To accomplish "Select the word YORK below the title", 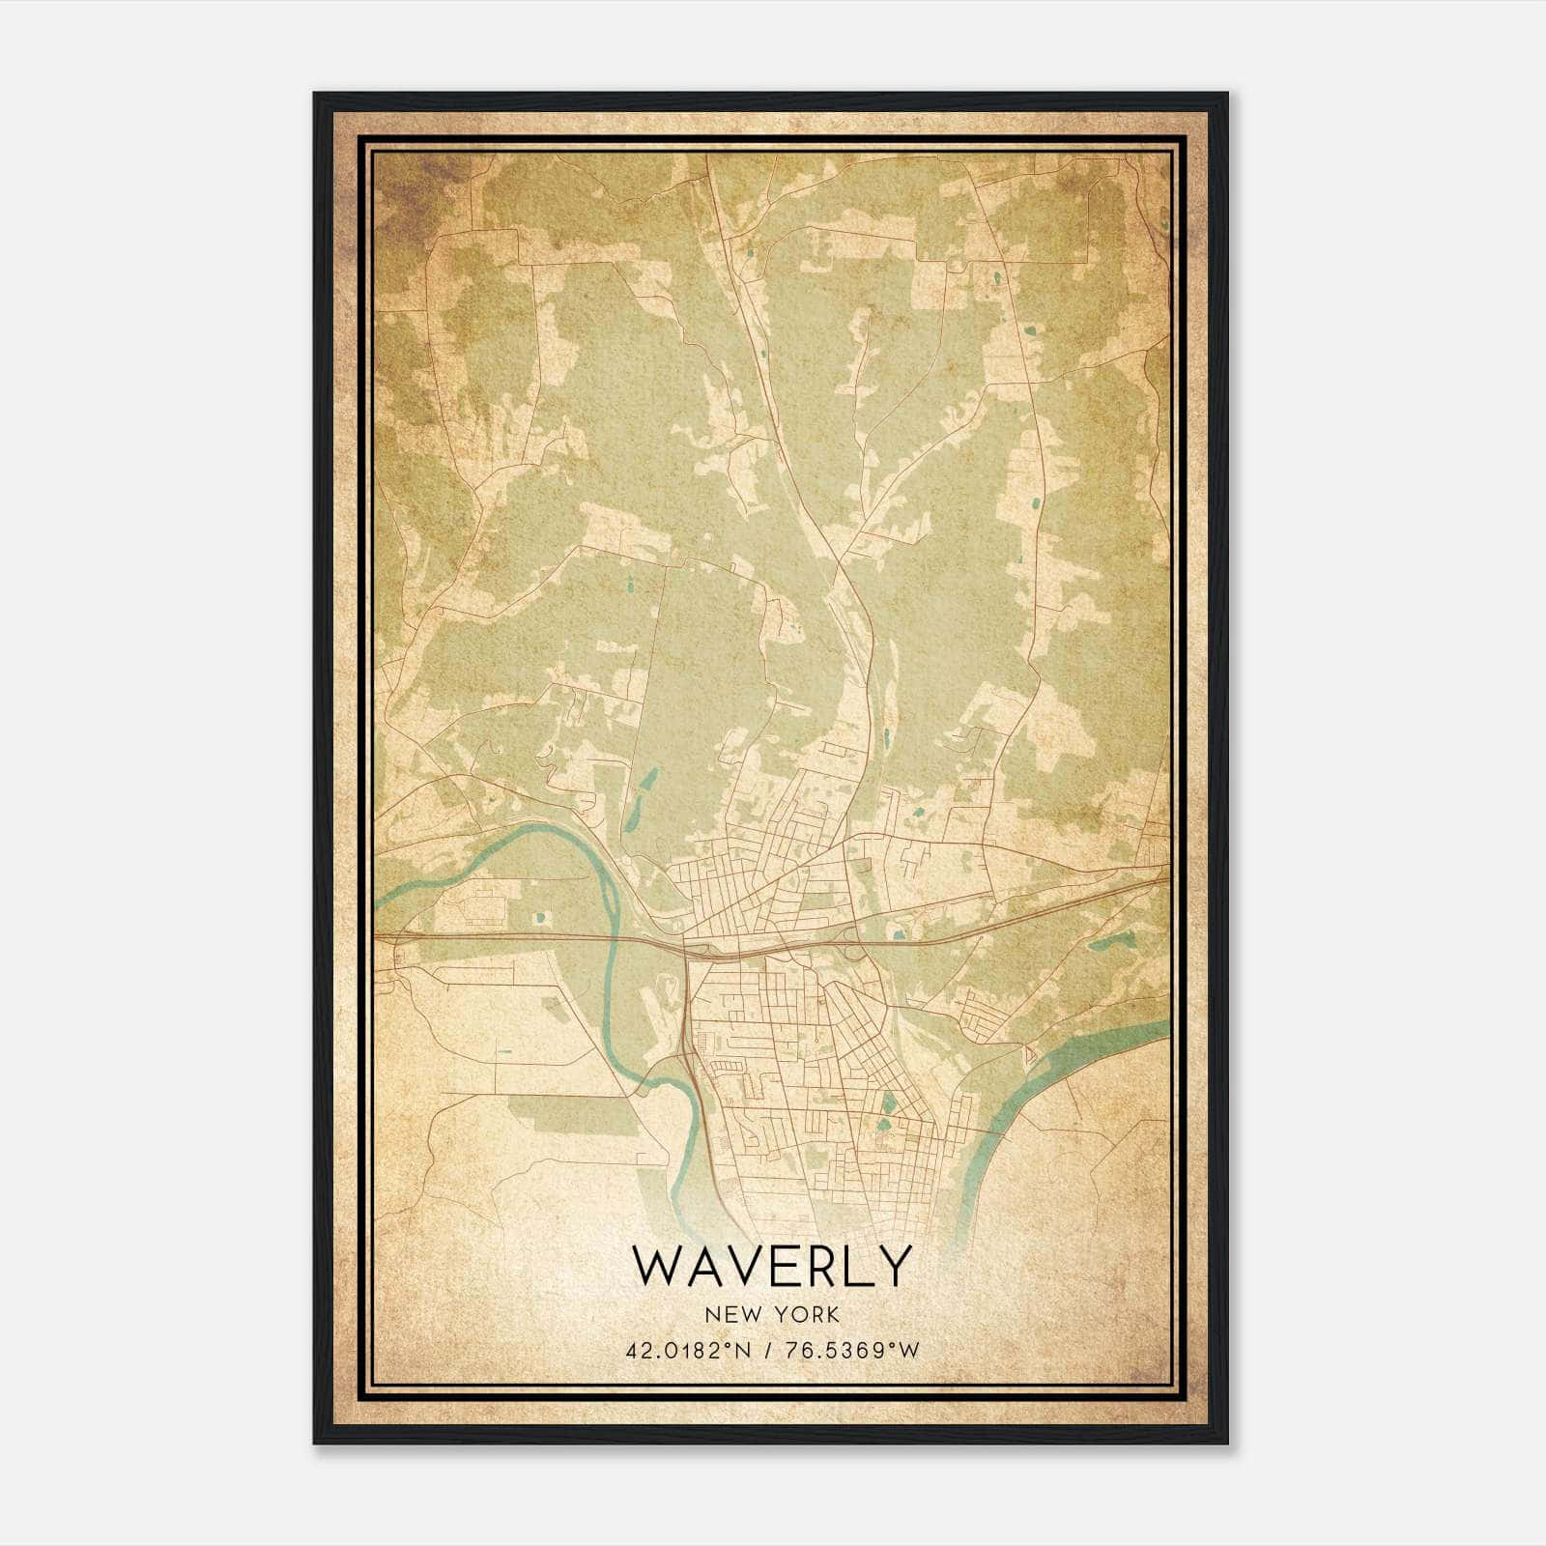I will (x=804, y=1314).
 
